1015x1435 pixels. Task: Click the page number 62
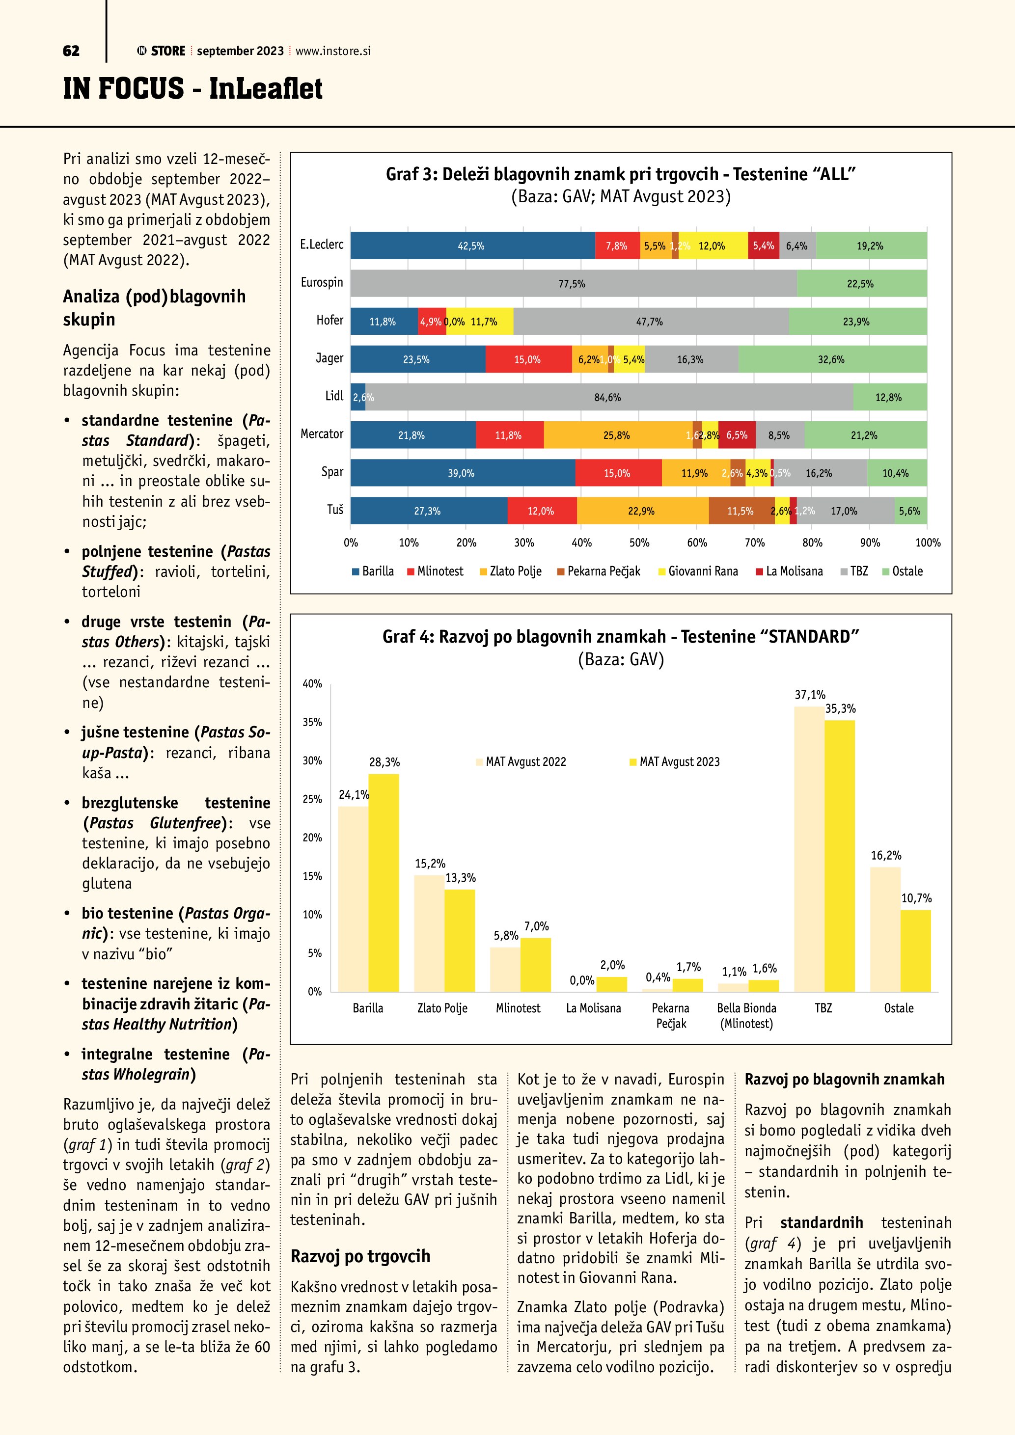coord(71,51)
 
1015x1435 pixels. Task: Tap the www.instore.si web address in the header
coord(332,51)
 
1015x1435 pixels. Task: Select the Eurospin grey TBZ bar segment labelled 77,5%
coord(573,284)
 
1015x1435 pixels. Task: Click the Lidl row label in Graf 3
coord(334,396)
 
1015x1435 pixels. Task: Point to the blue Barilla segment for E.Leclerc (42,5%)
coord(472,245)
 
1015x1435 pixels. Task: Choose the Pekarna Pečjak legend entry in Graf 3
coord(598,571)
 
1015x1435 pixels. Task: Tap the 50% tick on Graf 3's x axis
coord(639,542)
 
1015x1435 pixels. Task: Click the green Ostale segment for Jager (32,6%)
coord(832,359)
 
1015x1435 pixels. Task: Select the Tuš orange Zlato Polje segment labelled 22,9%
coord(642,511)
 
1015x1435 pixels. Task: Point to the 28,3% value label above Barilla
coord(384,762)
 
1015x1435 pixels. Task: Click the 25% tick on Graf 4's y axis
coord(312,799)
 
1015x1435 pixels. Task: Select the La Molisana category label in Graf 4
coord(593,1008)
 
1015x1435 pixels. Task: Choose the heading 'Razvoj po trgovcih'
coord(360,1256)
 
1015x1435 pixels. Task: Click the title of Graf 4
coord(621,636)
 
